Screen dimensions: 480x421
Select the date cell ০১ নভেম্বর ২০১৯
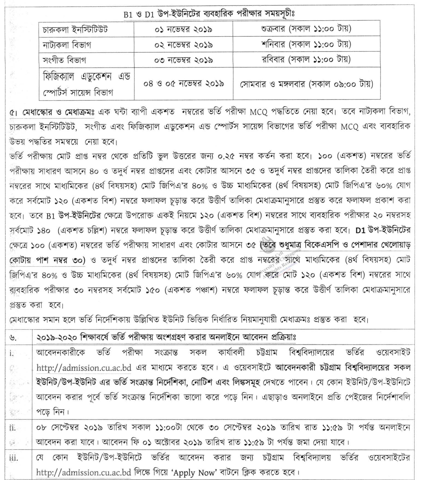coord(183,29)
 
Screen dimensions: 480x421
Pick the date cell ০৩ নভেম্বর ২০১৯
coord(183,60)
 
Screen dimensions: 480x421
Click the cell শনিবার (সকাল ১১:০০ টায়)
coord(306,44)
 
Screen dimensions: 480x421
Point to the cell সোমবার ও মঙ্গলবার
coord(307,84)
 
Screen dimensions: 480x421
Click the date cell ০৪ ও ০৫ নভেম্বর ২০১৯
coord(183,84)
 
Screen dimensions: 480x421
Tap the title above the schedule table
coord(209,14)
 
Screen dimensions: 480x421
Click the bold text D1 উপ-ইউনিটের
coord(383,230)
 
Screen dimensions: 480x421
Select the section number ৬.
coord(13,337)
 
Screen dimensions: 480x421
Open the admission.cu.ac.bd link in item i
coord(84,368)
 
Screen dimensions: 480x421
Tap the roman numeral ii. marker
coord(13,428)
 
